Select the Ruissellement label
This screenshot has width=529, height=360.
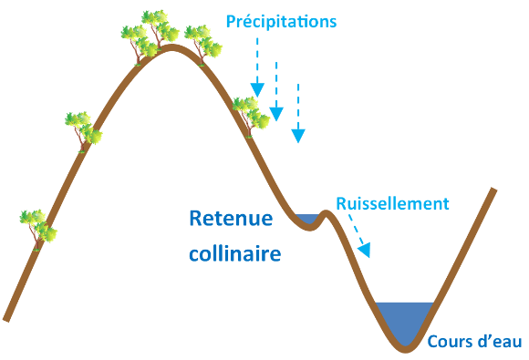coord(392,202)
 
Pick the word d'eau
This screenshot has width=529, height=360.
coord(499,342)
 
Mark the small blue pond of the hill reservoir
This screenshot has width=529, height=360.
coord(306,219)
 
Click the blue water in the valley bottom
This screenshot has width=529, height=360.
coord(405,319)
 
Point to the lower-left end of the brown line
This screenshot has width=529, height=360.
coord(6,318)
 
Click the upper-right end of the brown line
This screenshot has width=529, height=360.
coord(493,190)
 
